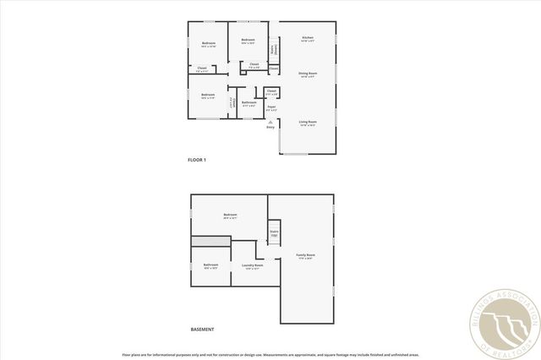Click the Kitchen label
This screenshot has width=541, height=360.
click(308, 38)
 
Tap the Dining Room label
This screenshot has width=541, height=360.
click(308, 74)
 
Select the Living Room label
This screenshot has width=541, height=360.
click(308, 123)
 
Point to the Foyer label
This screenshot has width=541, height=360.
click(271, 106)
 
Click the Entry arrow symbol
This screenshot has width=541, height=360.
click(270, 121)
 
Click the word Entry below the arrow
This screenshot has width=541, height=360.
click(270, 127)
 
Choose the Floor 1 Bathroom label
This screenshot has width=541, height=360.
click(249, 102)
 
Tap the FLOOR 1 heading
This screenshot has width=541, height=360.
click(197, 160)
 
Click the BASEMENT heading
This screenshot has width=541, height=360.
click(202, 330)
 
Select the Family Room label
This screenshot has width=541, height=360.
click(305, 255)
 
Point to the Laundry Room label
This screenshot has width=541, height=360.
click(252, 265)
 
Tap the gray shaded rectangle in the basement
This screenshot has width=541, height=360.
click(210, 242)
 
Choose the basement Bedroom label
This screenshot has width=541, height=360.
click(230, 215)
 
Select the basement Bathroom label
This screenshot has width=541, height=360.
click(210, 265)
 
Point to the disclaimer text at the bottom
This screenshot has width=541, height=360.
click(270, 355)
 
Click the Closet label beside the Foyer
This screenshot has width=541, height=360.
click(271, 90)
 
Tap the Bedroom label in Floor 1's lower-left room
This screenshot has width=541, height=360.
click(208, 95)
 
